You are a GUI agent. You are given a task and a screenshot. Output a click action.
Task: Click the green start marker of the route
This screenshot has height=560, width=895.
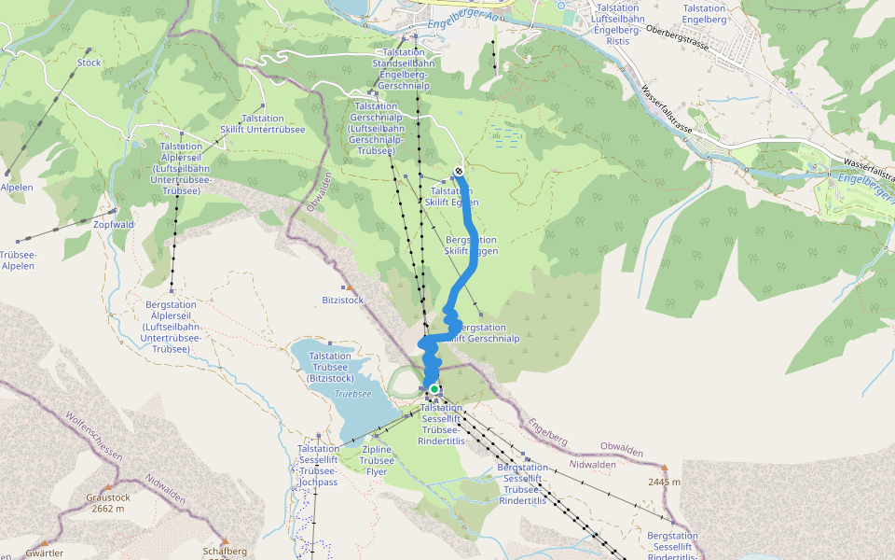point(434,389)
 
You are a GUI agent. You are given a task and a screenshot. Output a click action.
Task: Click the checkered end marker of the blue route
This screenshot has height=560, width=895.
point(459,171)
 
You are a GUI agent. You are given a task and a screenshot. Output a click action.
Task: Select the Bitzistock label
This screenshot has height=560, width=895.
point(342,301)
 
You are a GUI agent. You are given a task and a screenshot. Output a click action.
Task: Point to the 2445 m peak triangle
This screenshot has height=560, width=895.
point(665,467)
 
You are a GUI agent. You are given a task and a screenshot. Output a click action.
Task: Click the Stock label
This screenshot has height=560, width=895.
point(89,63)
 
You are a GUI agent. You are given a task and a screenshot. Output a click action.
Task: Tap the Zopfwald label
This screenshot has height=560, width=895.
point(114,225)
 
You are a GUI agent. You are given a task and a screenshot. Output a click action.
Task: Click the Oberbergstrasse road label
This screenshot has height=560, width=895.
point(690,42)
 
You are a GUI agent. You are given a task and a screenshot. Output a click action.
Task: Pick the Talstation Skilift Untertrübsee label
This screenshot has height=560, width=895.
point(273,124)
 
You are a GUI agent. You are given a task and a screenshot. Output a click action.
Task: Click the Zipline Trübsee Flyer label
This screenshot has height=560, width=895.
point(377,460)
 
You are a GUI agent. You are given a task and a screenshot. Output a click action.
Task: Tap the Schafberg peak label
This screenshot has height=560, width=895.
point(225,551)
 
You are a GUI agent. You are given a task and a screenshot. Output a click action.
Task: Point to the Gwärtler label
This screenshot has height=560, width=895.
point(45,553)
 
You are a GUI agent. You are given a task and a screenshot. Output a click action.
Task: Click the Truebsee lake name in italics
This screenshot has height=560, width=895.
point(353,394)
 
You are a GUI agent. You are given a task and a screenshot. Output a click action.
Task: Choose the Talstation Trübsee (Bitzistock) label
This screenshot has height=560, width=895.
point(329,367)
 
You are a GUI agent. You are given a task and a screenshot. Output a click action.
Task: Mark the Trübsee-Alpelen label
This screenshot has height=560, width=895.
point(17,259)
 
